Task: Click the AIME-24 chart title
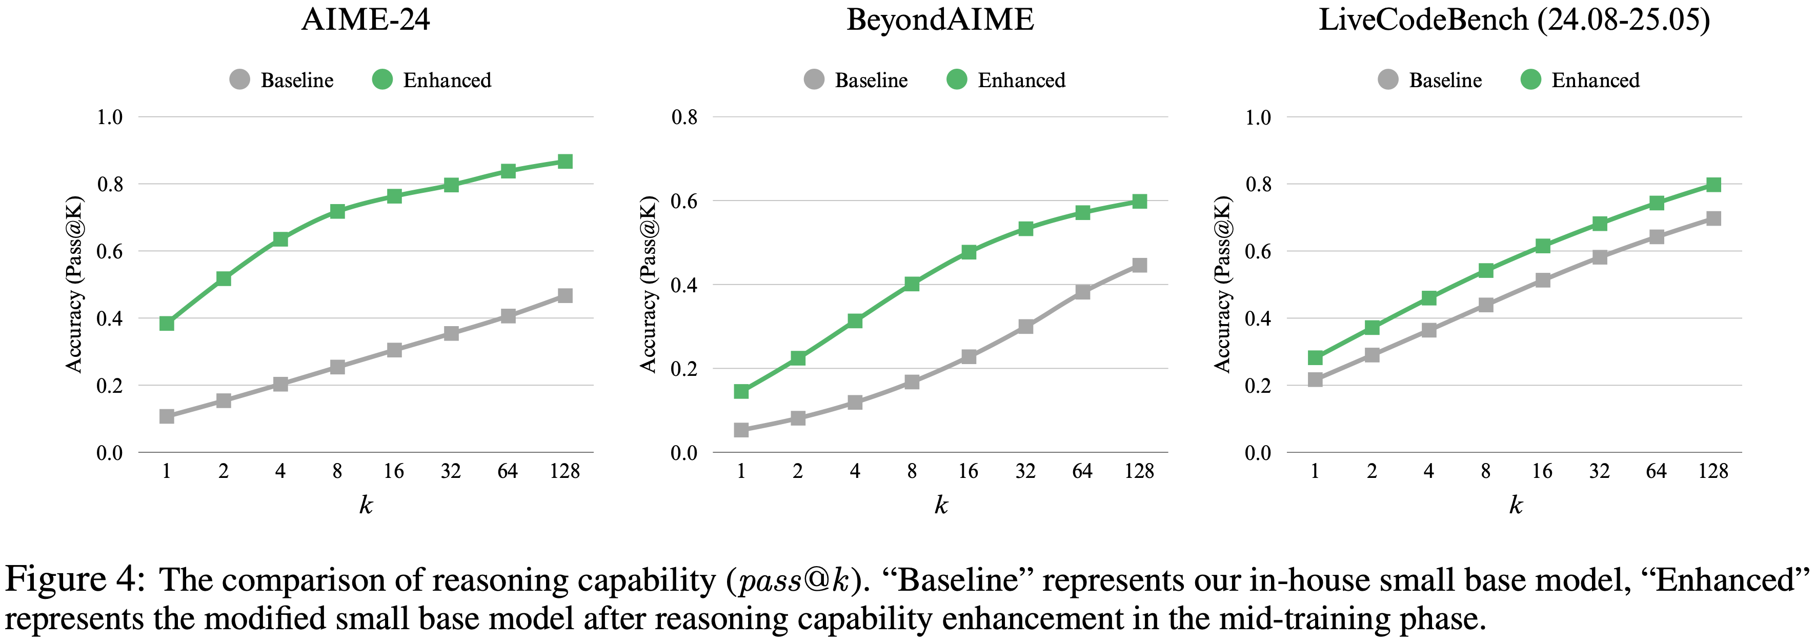365,19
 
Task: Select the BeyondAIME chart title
940,19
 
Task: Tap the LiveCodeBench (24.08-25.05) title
1514,19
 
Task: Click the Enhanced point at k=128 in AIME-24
564,162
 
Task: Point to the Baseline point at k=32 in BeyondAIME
1026,326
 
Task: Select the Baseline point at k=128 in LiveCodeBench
1713,218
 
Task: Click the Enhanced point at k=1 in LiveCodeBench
1315,358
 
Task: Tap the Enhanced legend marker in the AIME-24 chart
382,79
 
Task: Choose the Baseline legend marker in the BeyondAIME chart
814,79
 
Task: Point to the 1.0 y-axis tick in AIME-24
110,117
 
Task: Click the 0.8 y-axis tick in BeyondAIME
684,117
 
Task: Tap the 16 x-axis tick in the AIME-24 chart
394,471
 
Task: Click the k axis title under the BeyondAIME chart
941,505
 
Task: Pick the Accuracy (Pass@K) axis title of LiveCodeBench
1222,284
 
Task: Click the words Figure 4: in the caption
75,580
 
